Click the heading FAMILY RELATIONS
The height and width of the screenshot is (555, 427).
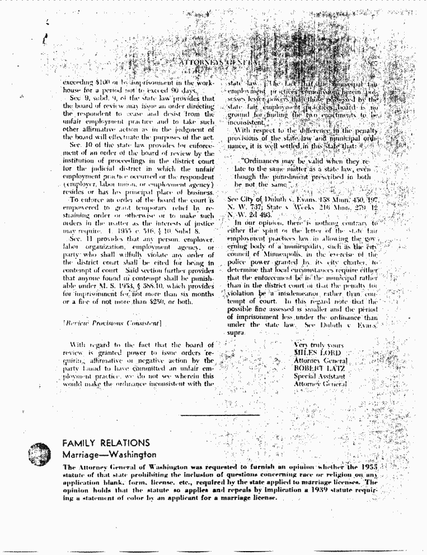click(106, 443)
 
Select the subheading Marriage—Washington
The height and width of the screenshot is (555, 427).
click(109, 455)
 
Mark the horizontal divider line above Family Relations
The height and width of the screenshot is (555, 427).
click(220, 415)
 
